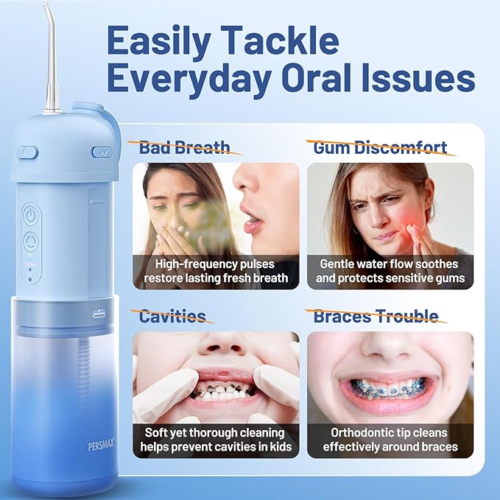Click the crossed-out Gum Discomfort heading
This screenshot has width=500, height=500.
[380, 147]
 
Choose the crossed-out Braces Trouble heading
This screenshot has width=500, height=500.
[376, 316]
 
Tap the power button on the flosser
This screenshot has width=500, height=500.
[30, 216]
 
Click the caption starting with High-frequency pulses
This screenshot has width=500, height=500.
[216, 271]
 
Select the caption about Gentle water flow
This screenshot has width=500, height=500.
[389, 271]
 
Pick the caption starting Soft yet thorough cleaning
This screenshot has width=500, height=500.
[216, 440]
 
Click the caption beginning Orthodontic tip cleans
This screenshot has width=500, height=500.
[389, 440]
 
